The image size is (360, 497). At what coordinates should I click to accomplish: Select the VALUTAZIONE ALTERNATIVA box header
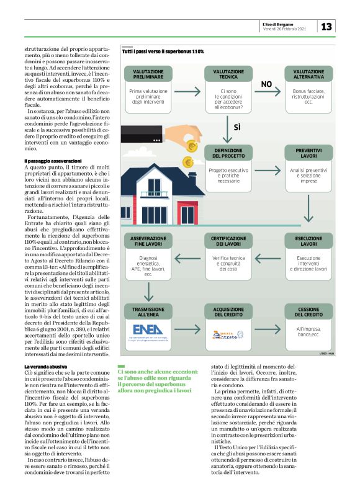[304, 74]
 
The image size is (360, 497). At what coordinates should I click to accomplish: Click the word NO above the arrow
[266, 84]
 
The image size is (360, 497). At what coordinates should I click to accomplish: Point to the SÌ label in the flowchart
[236, 128]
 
